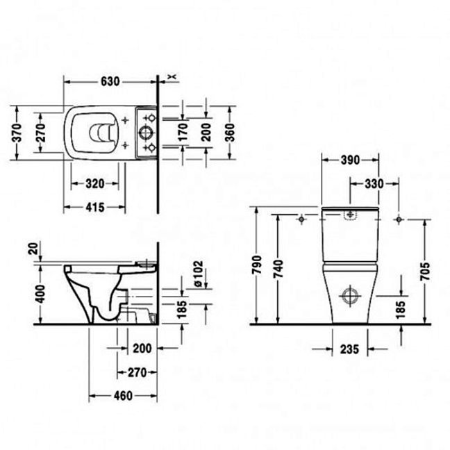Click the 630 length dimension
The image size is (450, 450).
(x=110, y=82)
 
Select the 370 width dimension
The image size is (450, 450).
(x=17, y=133)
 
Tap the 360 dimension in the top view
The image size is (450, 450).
(x=230, y=133)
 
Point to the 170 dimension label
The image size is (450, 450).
(x=183, y=132)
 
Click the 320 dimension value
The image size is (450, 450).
(x=95, y=183)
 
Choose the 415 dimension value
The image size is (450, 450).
(x=95, y=207)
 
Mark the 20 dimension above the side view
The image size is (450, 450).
(x=33, y=249)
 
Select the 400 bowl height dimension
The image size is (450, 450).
(x=40, y=294)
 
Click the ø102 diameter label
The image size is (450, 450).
(x=199, y=274)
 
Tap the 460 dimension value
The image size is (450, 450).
(x=123, y=396)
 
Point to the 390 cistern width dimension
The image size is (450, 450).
(x=350, y=160)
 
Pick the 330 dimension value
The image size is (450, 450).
(x=374, y=183)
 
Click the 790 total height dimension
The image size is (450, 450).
(x=257, y=265)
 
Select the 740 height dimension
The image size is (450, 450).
(x=278, y=269)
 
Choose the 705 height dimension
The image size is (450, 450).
(x=425, y=271)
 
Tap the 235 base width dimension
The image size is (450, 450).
(x=349, y=349)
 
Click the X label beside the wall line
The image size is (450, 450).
(x=172, y=76)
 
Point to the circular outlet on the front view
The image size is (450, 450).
(x=350, y=296)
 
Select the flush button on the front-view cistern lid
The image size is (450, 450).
(x=350, y=215)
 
